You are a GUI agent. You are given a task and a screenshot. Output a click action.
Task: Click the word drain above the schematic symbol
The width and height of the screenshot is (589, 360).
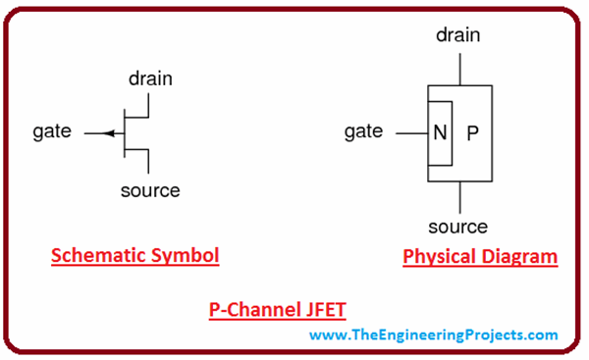pos(151,77)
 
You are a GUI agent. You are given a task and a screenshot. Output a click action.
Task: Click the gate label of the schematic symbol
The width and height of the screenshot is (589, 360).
pos(51,131)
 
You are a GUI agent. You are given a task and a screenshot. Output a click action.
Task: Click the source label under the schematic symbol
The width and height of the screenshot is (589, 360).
pos(150,190)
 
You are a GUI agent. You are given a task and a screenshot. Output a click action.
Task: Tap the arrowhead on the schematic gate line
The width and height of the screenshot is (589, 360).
pos(108,132)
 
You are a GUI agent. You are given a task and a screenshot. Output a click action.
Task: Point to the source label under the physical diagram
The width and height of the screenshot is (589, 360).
pos(457,227)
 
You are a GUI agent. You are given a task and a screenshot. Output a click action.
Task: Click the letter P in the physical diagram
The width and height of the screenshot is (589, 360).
pos(472,132)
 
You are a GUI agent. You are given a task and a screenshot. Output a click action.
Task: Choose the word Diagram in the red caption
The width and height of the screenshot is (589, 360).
pos(521,257)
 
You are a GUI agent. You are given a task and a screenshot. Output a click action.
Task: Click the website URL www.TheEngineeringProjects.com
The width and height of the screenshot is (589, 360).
pos(435,335)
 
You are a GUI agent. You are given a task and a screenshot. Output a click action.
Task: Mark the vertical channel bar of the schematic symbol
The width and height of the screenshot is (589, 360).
pos(124,132)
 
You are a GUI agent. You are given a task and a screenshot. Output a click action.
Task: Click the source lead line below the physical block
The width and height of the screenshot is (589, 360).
pos(457,196)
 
